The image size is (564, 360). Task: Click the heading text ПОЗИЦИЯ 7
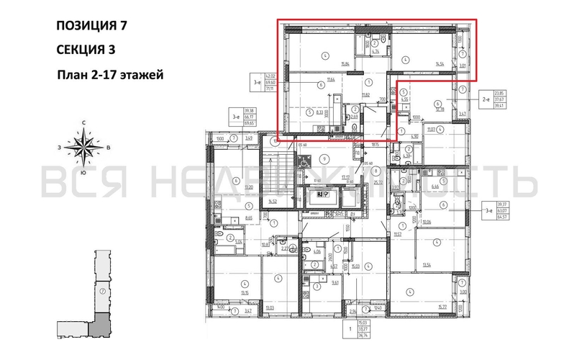click(x=91, y=25)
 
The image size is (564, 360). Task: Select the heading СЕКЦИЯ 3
click(x=85, y=49)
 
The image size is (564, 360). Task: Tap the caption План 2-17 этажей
click(x=110, y=73)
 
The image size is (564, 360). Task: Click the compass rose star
click(x=85, y=148)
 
